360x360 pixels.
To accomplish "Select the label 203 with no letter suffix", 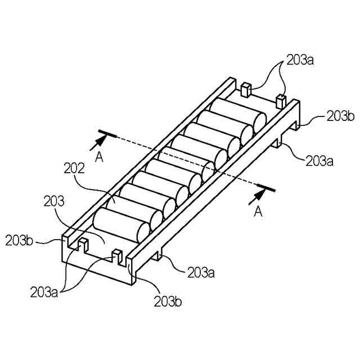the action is coord(54,200).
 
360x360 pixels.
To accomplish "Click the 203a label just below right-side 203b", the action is coord(319,161).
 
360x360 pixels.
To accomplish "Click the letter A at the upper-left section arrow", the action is coord(99,158).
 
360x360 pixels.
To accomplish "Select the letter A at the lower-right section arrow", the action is coord(258,211).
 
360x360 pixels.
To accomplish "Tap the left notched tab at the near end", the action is coord(83,244).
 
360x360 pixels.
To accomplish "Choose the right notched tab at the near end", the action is coord(118,256).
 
